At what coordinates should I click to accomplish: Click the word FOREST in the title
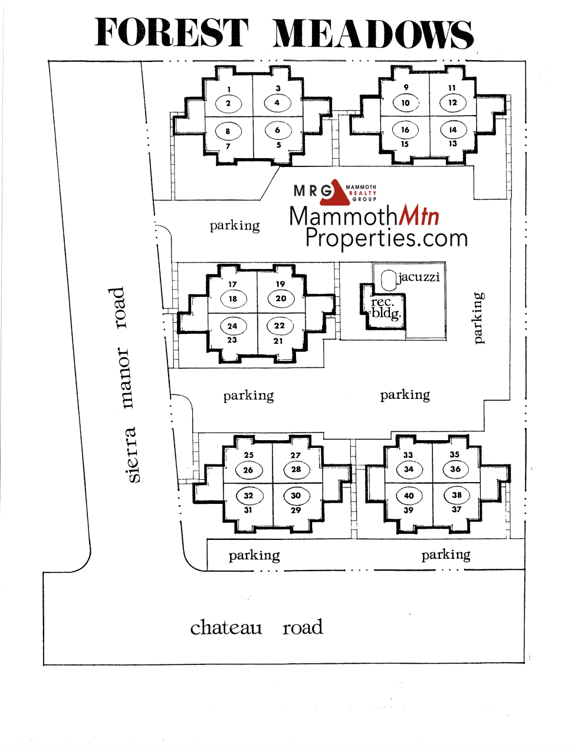[171, 32]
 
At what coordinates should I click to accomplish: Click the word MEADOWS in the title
[373, 34]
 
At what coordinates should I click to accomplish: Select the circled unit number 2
[228, 103]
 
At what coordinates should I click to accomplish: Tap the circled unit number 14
[453, 130]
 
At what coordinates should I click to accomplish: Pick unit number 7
[228, 146]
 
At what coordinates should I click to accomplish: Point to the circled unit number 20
[281, 299]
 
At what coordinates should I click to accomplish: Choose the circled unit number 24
[232, 326]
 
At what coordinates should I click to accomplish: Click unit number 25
[248, 455]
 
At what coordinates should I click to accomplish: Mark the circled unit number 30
[296, 496]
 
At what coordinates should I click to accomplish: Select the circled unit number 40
[409, 496]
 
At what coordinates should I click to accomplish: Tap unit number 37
[457, 509]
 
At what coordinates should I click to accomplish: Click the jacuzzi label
[419, 277]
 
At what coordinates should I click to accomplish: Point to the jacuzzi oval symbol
[389, 280]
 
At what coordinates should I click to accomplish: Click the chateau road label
[257, 628]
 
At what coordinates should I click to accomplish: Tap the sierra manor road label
[124, 385]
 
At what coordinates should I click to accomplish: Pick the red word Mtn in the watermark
[419, 215]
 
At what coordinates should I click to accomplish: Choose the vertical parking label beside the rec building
[478, 318]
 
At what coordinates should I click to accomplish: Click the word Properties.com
[386, 238]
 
